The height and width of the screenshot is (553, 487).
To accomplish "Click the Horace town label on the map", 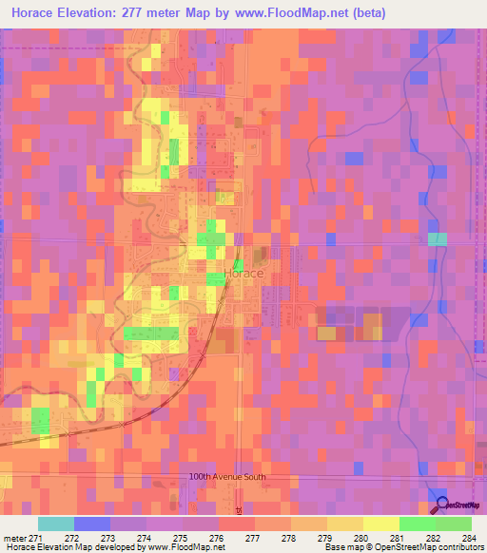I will coord(244,273).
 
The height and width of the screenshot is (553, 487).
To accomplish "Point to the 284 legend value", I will coord(469,538).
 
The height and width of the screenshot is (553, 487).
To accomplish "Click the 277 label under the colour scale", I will coord(253,538).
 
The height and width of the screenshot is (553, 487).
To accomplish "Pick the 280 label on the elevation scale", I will coord(361,538).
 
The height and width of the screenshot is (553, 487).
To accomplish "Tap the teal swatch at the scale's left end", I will coord(56,524).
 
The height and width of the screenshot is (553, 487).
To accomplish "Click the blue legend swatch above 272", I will coord(92,524).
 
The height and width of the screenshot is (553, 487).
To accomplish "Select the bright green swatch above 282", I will coord(418,524).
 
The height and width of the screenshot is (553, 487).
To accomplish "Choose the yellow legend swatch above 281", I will coord(381,524).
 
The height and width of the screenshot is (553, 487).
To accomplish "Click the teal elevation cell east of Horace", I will coord(437,239).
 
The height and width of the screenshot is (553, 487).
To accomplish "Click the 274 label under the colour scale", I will coord(144,538).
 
